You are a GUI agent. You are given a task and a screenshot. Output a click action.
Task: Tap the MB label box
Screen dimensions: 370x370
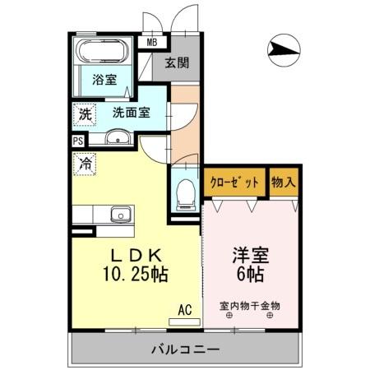click(152, 44)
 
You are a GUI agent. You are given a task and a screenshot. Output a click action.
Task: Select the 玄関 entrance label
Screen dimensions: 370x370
click(176, 62)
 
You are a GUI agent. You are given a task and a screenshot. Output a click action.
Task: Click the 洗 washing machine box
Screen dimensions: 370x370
click(85, 115)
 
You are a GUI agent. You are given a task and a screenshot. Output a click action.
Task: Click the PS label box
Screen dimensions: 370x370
click(78, 141)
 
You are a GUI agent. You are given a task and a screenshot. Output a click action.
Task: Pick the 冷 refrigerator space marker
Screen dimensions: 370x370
click(85, 163)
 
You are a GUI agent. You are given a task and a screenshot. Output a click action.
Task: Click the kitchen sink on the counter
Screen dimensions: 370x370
click(122, 215)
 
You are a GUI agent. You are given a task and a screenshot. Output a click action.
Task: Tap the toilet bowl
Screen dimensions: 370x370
click(186, 191)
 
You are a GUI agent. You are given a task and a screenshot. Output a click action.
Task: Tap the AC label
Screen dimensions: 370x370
click(186, 309)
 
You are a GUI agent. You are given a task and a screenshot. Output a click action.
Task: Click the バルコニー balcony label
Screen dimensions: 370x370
click(185, 349)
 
